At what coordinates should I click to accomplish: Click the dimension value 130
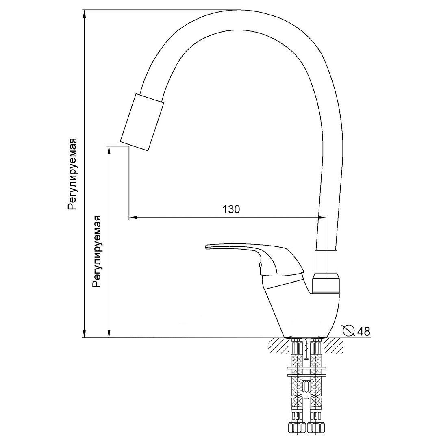[x=231, y=209]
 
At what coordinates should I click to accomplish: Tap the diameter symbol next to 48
[x=349, y=330]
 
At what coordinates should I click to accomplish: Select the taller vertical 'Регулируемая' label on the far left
[x=72, y=174]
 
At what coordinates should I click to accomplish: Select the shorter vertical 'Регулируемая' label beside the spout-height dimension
[x=97, y=251]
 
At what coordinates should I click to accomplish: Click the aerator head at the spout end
[x=142, y=122]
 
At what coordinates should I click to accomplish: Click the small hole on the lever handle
[x=260, y=264]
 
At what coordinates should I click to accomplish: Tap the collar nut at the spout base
[x=326, y=272]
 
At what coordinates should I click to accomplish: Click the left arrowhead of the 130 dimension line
[x=133, y=217]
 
